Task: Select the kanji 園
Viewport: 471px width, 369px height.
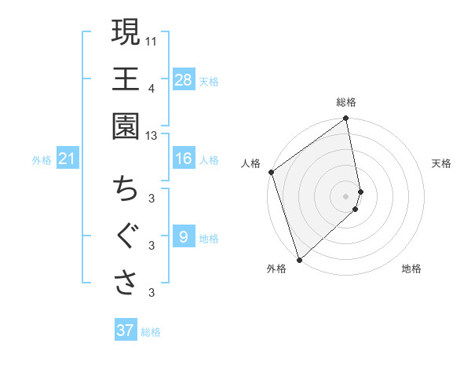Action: point(126,125)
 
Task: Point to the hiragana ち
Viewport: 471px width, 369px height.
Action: point(126,189)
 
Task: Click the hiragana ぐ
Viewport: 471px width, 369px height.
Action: point(126,236)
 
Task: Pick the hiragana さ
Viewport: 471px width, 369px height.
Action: point(126,282)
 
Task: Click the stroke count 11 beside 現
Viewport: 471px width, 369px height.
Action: point(152,38)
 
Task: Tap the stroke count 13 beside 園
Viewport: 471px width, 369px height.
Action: point(152,136)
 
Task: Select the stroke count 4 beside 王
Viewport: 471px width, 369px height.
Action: point(152,88)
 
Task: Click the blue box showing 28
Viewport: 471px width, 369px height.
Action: point(184,79)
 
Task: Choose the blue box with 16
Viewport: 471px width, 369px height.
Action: point(184,159)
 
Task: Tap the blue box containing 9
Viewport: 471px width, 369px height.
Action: point(184,236)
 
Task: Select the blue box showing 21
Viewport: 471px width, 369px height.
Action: point(68,159)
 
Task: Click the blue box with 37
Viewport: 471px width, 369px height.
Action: point(125,331)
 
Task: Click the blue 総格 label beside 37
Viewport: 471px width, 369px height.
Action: point(151,332)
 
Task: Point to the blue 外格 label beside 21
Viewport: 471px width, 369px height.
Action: point(42,160)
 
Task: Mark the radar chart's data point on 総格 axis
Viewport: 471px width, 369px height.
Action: point(346,120)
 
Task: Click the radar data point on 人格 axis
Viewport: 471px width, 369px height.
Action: point(271,172)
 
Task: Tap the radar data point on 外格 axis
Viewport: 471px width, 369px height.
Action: point(299,259)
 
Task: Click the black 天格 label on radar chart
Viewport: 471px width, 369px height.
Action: point(441,163)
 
